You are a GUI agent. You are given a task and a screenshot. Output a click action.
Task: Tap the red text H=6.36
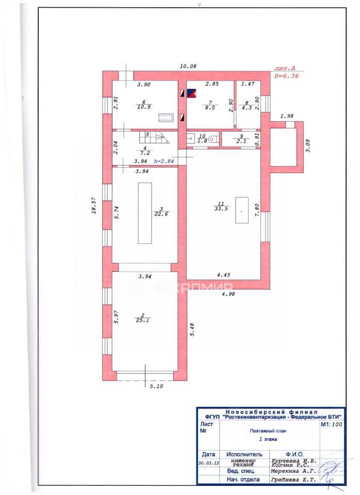pyautogui.click(x=286, y=75)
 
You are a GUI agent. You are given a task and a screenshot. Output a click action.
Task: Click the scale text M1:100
pyautogui.click(x=332, y=425)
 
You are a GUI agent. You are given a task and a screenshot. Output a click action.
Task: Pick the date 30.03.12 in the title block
pyautogui.click(x=208, y=463)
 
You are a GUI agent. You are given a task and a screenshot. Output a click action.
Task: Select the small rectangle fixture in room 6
pyautogui.click(x=167, y=117)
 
